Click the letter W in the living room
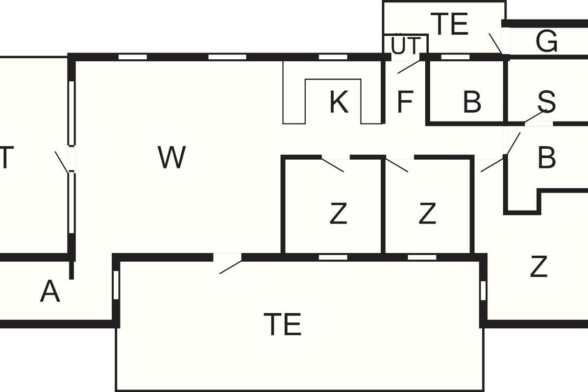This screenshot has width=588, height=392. pyautogui.click(x=172, y=157)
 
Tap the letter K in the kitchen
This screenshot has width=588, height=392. pyautogui.click(x=339, y=103)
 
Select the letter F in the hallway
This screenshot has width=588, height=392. pyautogui.click(x=405, y=102)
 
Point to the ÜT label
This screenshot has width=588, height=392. pyautogui.click(x=405, y=46)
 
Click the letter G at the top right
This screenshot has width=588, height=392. pyautogui.click(x=546, y=42)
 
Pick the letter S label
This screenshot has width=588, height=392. pyautogui.click(x=546, y=102)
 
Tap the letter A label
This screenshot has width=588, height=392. pyautogui.click(x=50, y=292)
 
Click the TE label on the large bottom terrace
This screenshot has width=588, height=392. pyautogui.click(x=282, y=324)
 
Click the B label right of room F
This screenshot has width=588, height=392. pyautogui.click(x=471, y=102)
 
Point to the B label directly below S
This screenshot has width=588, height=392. pyautogui.click(x=546, y=158)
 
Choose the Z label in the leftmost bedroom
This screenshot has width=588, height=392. pyautogui.click(x=338, y=214)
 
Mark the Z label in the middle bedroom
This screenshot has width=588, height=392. pyautogui.click(x=427, y=214)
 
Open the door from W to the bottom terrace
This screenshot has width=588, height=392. pyautogui.click(x=229, y=264)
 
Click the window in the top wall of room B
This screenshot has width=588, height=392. pyautogui.click(x=455, y=57)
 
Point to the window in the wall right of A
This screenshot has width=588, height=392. pyautogui.click(x=116, y=285)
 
